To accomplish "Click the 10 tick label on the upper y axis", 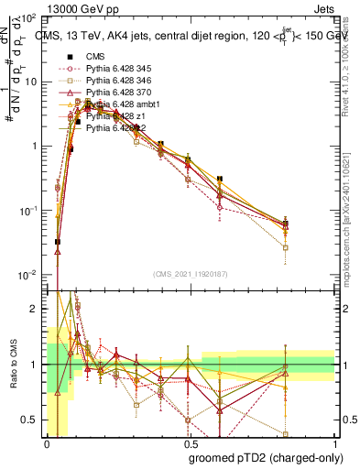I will pos(31,82).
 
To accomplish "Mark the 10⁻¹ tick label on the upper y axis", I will pos(28,211).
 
